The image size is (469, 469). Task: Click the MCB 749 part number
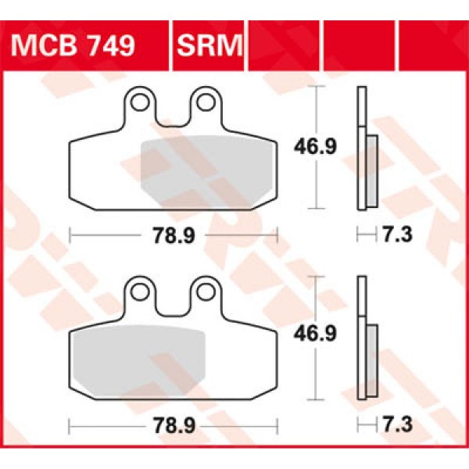coord(74,45)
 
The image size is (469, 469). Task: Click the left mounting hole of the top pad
coord(139,102)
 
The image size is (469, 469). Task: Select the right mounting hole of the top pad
coord(206,102)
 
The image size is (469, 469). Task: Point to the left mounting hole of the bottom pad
coord(139,291)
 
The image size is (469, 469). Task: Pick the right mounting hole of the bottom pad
coord(206,291)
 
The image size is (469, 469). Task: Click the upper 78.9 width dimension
coord(174,234)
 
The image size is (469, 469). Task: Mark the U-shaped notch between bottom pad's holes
coord(173,306)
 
